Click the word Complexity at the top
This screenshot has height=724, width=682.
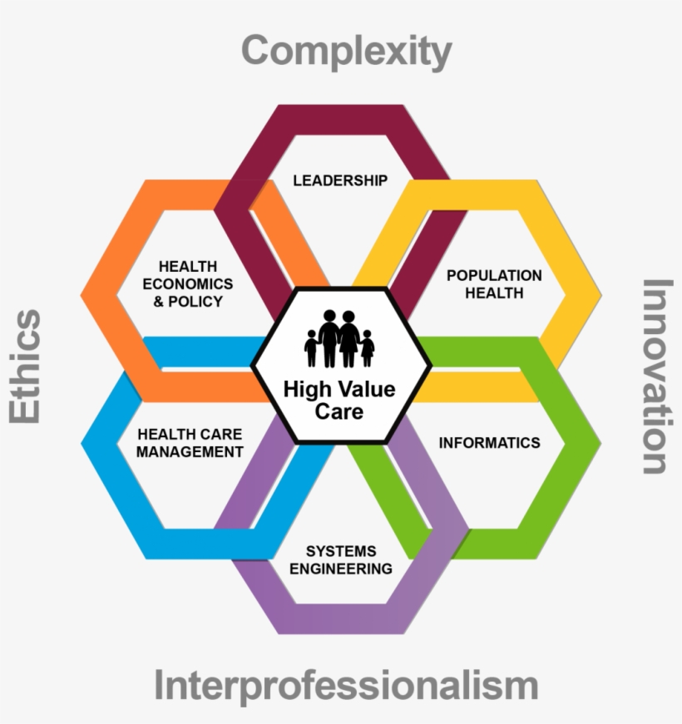(346, 51)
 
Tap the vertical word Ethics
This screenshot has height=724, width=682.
(26, 366)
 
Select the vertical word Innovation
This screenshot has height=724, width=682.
(656, 376)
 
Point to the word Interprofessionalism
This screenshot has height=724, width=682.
(346, 687)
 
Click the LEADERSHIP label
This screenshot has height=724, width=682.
(340, 180)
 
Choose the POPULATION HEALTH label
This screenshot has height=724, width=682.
(494, 283)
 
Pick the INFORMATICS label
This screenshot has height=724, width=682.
(489, 442)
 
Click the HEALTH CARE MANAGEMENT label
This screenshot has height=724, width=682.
(190, 443)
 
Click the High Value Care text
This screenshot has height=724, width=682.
(339, 400)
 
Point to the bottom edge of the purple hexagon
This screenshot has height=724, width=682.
(340, 619)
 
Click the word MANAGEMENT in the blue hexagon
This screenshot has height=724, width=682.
(190, 452)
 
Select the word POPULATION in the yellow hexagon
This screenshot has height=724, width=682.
(494, 275)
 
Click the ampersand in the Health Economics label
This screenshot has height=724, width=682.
(160, 301)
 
